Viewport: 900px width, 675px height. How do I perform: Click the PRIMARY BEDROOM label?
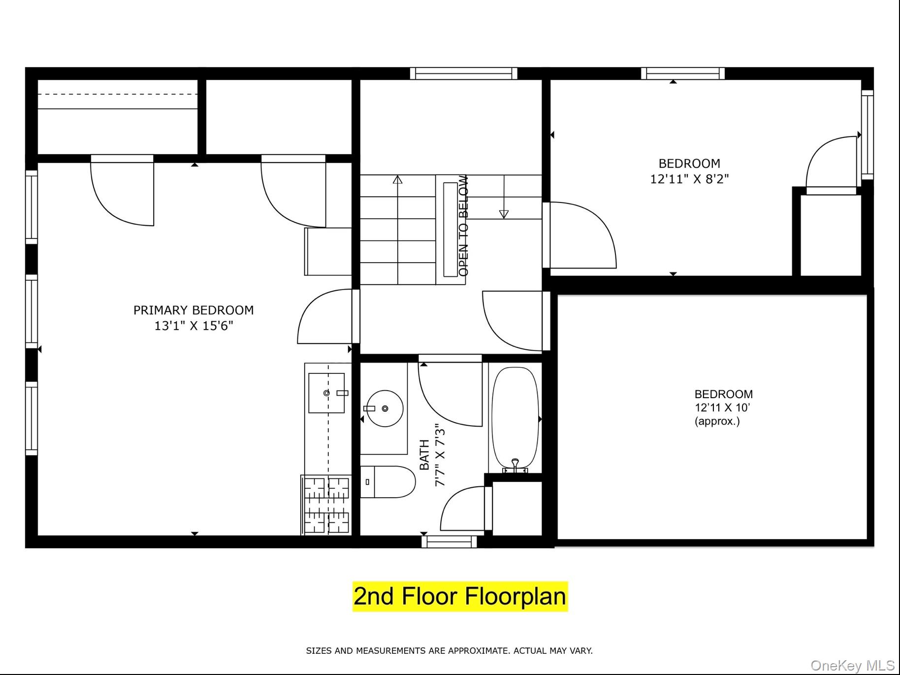pos(193,310)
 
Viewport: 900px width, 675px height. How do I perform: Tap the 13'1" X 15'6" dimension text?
pos(193,326)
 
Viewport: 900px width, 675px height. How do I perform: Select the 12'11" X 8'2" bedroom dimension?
pos(689,179)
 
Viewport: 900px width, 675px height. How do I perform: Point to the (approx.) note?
pos(717,421)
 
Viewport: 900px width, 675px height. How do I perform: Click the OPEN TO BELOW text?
pos(463,226)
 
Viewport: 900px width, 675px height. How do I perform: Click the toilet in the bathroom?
pos(388,482)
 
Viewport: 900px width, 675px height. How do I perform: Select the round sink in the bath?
pos(385,408)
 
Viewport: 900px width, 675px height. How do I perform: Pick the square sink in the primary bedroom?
pos(326,393)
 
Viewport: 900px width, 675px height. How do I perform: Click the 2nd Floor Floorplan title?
pos(460,596)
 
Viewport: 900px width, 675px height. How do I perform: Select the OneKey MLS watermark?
pos(852,666)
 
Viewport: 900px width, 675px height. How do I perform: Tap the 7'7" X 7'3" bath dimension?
pos(440,457)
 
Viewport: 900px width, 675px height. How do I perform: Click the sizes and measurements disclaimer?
pos(450,651)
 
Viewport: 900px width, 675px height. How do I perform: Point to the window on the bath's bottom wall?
pos(450,541)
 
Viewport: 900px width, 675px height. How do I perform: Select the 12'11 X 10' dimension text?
pos(722,407)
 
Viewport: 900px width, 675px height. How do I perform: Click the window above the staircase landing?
pos(464,73)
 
